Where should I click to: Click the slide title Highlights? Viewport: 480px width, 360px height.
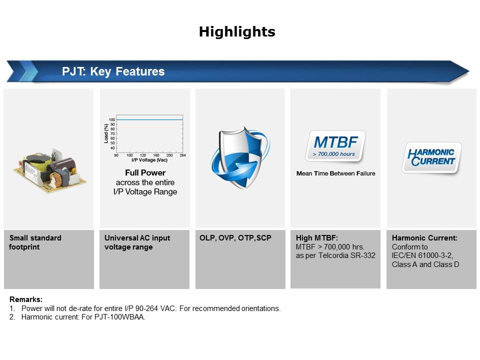click(237, 32)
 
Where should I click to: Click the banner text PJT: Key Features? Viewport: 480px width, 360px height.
click(113, 71)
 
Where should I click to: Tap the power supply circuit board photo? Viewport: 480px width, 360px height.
click(49, 170)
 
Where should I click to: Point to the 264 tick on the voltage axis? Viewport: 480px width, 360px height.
click(183, 155)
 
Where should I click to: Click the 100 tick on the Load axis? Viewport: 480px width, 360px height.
click(112, 119)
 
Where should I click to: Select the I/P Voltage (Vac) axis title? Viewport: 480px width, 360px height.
click(149, 160)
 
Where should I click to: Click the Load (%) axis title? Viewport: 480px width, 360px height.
click(106, 133)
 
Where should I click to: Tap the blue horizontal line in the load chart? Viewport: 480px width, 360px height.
click(149, 119)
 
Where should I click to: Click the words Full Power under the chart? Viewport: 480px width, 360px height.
click(145, 172)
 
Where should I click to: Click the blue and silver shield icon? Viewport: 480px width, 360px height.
click(240, 157)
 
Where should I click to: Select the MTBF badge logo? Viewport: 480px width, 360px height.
click(335, 146)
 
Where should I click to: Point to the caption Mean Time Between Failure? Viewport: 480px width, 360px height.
click(335, 173)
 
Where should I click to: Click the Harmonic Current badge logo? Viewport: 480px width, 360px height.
click(431, 157)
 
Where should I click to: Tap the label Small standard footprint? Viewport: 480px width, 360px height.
click(35, 242)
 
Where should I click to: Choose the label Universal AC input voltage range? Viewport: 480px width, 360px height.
click(137, 242)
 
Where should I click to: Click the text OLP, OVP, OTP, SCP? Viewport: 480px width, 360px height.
click(235, 238)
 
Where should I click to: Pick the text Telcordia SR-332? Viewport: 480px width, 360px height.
click(347, 255)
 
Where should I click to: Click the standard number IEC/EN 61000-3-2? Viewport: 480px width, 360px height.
click(422, 255)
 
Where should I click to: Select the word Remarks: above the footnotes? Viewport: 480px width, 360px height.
click(26, 299)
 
